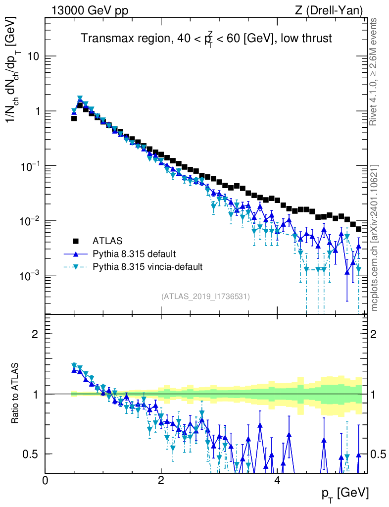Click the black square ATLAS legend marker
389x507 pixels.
point(76,241)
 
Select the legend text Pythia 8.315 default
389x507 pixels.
point(134,254)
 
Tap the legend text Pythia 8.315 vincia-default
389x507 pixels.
point(147,267)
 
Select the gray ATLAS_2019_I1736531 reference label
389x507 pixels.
point(205,297)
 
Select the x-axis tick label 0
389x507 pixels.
point(46,480)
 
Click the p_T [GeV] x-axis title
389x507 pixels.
point(344,493)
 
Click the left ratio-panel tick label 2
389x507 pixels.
point(35,334)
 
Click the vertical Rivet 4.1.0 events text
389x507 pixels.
point(375,72)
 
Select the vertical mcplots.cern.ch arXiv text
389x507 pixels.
point(375,238)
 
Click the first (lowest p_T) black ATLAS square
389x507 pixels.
point(74,118)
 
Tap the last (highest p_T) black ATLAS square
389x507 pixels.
point(358,229)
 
